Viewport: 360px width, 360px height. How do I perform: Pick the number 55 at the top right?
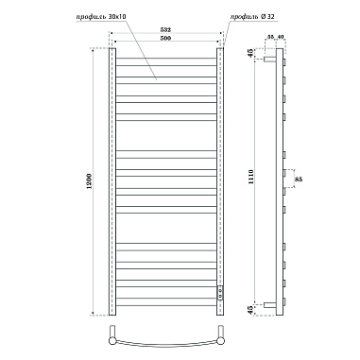point(273,35)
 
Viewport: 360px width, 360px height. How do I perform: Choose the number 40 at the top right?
point(283,35)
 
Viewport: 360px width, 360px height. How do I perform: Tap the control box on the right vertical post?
point(222,294)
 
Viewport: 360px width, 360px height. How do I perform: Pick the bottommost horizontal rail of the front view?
point(166,303)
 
